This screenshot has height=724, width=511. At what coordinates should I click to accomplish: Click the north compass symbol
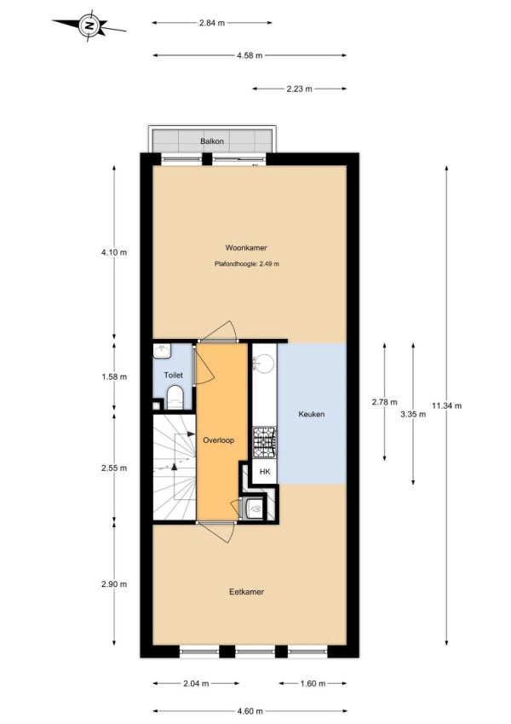click(89, 26)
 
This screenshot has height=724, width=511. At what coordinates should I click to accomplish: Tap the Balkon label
click(212, 141)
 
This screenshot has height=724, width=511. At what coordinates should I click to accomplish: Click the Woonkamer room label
click(246, 248)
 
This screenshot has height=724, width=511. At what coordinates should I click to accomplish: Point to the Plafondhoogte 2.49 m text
click(246, 264)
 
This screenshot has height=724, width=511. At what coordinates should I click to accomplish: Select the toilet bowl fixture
click(175, 398)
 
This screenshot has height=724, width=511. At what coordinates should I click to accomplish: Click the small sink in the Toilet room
click(162, 351)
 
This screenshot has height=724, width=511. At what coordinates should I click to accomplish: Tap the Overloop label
click(218, 440)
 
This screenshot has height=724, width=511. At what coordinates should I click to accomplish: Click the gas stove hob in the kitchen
click(265, 443)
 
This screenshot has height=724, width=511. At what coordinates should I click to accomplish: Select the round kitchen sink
click(265, 363)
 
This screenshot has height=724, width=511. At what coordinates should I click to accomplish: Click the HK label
click(265, 471)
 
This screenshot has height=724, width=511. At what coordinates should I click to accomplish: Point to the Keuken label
click(312, 414)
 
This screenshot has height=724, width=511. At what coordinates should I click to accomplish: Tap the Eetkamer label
click(246, 591)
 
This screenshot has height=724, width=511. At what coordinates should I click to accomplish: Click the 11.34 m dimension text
click(447, 405)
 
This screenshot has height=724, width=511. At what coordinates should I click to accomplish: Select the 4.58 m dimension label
click(250, 55)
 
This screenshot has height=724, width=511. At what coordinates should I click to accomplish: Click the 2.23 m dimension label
click(299, 89)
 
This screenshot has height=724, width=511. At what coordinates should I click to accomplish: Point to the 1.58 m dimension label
click(114, 376)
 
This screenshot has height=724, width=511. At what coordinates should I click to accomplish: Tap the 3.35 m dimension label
click(413, 414)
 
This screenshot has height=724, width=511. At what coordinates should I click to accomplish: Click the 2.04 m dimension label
click(196, 683)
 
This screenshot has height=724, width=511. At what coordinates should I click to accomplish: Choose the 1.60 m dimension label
click(313, 683)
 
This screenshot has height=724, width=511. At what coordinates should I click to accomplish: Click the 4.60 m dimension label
click(250, 711)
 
